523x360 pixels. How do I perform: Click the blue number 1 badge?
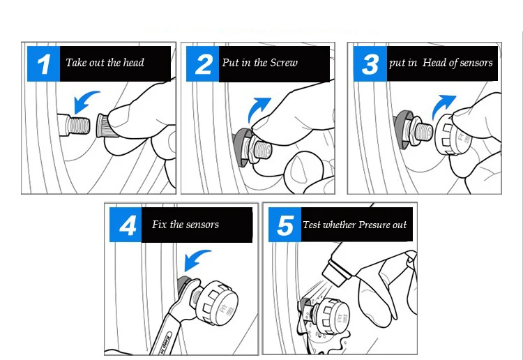[x=43, y=63]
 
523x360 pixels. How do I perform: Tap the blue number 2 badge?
[x=202, y=63]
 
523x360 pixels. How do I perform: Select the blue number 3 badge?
[x=370, y=63]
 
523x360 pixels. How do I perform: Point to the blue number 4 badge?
[x=126, y=225]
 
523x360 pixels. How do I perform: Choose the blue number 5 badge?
[x=285, y=225]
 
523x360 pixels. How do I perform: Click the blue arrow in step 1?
[x=84, y=100]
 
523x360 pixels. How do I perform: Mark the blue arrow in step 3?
[x=442, y=105]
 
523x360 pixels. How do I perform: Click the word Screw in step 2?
[x=284, y=63]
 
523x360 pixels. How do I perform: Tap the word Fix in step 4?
[x=159, y=224]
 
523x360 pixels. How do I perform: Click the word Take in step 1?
[x=75, y=62]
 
